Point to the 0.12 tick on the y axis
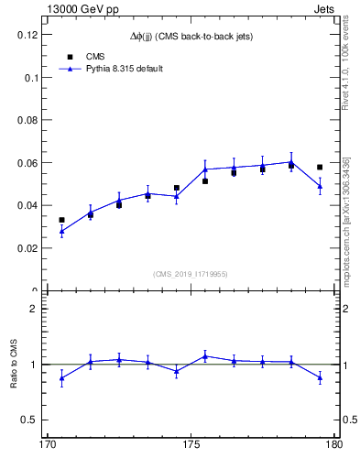(29, 35)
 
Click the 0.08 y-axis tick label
(29, 120)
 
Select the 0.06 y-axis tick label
(29, 163)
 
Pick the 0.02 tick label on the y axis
(29, 248)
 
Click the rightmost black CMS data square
(320, 167)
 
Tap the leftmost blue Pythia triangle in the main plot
(61, 231)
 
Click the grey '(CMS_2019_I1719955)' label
(191, 273)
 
